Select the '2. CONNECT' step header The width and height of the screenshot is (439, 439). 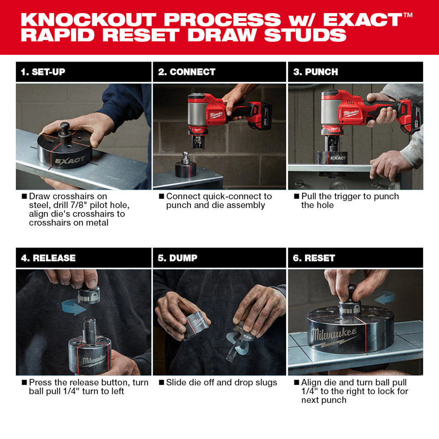187,72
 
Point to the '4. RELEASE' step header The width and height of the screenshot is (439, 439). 48,258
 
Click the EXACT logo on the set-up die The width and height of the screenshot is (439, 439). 70,160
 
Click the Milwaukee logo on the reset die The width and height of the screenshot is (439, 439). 335,336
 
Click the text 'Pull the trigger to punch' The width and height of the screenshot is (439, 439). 350,196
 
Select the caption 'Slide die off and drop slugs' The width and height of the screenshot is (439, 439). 221,382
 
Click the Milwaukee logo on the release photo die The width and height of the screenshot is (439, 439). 94,361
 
